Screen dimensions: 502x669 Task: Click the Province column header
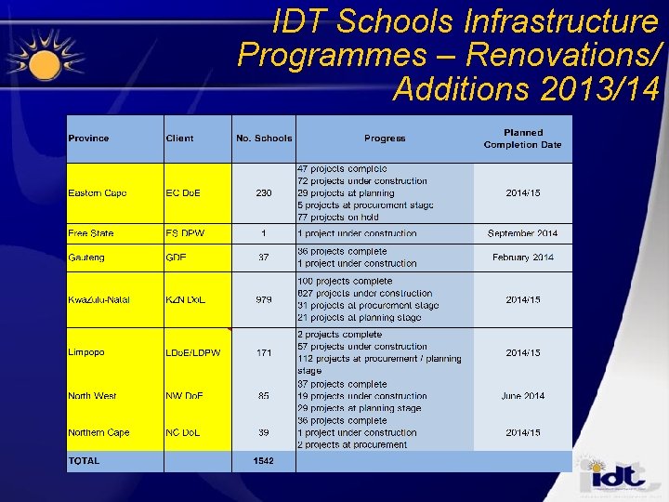pos(88,139)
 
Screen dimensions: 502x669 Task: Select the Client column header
pos(179,139)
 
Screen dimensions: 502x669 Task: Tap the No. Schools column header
pos(264,139)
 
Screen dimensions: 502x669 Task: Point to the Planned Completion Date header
pos(522,139)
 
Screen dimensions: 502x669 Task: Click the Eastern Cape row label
pos(97,193)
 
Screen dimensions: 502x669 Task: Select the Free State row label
pos(90,233)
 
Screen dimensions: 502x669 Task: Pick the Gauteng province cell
pos(86,258)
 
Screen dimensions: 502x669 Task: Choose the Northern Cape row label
pos(98,433)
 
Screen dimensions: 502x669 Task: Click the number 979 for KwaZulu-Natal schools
pos(264,299)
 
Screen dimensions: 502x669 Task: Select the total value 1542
pos(264,461)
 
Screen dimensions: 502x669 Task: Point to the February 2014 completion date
pos(522,258)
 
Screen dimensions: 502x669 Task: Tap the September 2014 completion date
pos(522,233)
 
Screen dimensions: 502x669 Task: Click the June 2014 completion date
pos(522,396)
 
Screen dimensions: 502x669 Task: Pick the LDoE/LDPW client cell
pos(193,353)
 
